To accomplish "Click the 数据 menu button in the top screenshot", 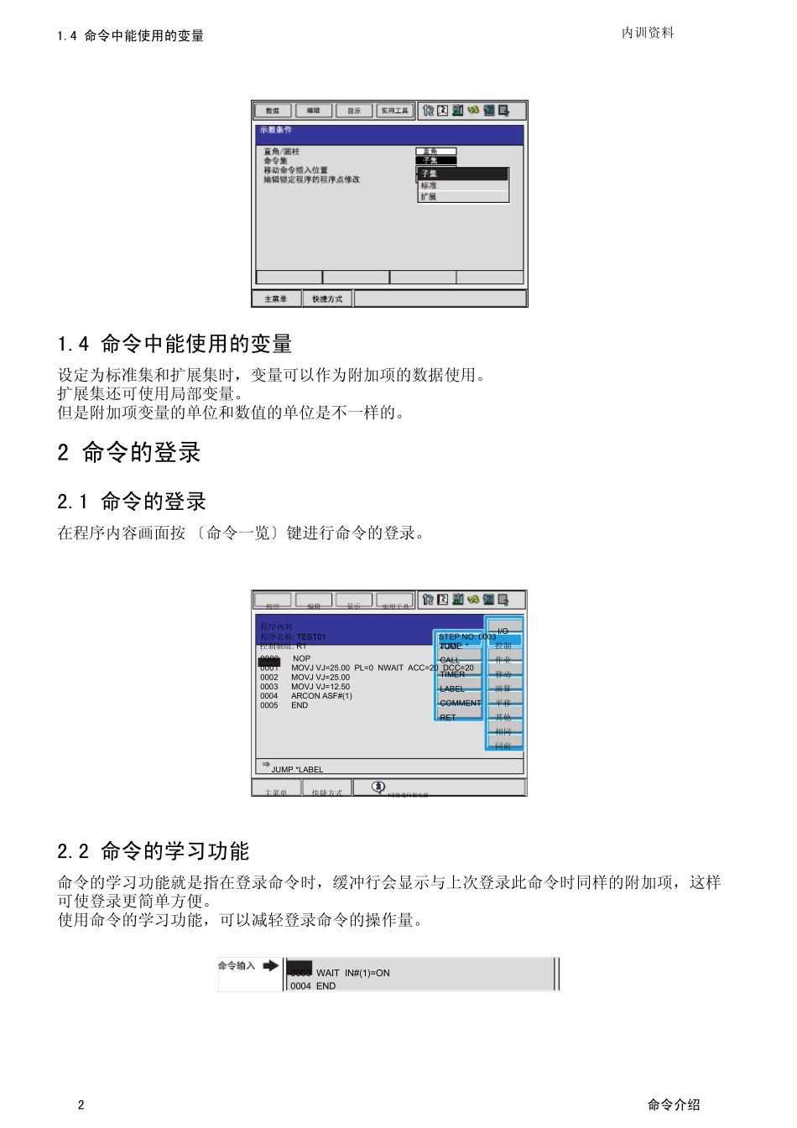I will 273,111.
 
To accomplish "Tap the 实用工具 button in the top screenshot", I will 394,111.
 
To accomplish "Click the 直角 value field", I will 435,152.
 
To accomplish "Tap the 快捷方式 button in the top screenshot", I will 327,299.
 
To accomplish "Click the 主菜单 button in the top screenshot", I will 276,299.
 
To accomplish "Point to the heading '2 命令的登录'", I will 129,453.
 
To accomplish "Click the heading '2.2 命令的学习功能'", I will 154,851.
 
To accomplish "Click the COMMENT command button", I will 460,703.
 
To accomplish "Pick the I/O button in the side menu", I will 503,631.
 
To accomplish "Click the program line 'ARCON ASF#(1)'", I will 321,696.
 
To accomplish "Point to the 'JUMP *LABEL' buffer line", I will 297,769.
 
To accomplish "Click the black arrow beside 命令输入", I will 270,965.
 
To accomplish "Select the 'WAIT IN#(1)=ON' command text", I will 352,973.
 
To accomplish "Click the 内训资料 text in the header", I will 648,33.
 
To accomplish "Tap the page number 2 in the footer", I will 81,1105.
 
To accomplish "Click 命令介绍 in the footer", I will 674,1105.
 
